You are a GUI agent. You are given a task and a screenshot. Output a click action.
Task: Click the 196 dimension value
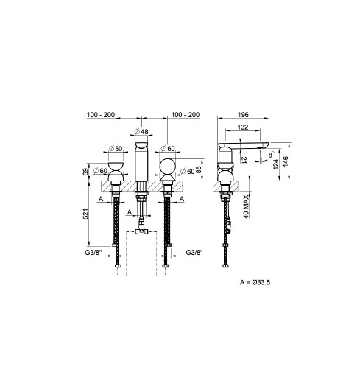(243, 114)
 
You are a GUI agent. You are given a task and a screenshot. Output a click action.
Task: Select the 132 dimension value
(243, 127)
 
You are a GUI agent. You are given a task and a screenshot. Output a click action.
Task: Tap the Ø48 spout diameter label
(141, 132)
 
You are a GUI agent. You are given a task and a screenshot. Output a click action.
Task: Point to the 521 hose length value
(85, 214)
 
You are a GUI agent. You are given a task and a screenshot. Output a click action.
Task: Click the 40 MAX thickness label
(246, 206)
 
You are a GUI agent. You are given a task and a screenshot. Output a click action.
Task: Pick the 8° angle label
(271, 154)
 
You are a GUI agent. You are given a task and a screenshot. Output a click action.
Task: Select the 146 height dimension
(286, 161)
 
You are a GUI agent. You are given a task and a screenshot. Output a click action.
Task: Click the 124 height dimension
(276, 164)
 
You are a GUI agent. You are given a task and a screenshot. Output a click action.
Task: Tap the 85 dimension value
(199, 169)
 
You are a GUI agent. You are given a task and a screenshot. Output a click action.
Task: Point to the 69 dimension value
(85, 172)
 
